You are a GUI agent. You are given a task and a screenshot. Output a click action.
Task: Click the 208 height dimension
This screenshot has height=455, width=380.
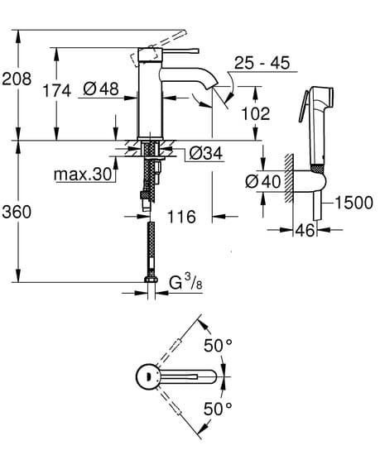[17, 79]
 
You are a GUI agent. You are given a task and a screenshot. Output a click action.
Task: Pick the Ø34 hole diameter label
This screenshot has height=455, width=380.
[203, 153]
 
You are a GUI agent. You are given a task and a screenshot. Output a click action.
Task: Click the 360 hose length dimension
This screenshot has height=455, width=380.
[17, 213]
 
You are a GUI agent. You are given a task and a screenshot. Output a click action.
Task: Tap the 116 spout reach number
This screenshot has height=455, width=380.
[180, 218]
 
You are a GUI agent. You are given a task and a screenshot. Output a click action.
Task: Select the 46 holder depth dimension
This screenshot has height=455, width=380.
[305, 231]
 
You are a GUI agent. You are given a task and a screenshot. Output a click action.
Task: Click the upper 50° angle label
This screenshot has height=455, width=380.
[217, 347]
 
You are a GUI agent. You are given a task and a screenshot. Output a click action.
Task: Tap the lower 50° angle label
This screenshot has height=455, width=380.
[217, 408]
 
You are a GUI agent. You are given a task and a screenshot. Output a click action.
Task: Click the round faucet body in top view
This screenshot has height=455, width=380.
[148, 377]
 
